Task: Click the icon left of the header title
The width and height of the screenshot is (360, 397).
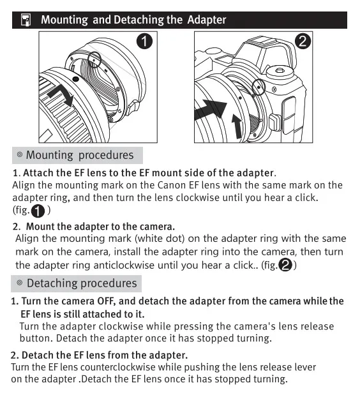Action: coord(26,20)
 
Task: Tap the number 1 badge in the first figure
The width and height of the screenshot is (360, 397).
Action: coord(144,41)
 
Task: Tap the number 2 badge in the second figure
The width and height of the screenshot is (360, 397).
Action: coord(303,41)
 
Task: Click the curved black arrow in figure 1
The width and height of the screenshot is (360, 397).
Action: coord(61,96)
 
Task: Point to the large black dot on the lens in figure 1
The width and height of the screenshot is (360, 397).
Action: coord(75,79)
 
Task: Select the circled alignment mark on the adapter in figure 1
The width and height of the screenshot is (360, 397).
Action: coord(94,60)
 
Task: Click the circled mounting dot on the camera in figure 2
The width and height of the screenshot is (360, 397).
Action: coord(259,87)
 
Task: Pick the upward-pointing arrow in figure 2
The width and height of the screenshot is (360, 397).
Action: coord(237,126)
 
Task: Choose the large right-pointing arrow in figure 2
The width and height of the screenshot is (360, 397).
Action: coord(210,110)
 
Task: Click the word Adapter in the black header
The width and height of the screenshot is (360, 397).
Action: coord(207,20)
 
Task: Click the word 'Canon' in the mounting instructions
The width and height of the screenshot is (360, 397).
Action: coord(172,185)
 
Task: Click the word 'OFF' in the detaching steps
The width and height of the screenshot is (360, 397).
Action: coord(107,301)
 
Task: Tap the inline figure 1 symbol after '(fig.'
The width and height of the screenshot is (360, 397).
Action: coord(38,211)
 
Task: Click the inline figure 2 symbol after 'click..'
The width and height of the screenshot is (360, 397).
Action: coord(285,265)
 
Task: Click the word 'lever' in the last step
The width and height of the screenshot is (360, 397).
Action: coord(305,367)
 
